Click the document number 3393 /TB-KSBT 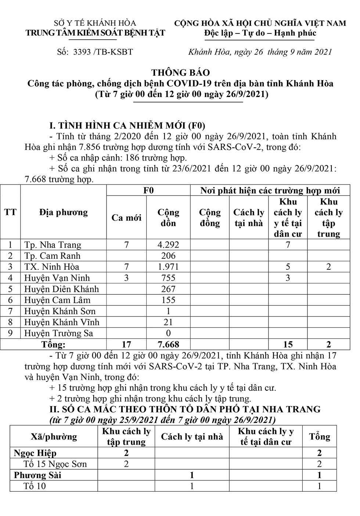pyautogui.click(x=103, y=52)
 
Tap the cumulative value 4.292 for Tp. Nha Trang pyautogui.click(x=168, y=245)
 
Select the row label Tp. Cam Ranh pyautogui.click(x=52, y=256)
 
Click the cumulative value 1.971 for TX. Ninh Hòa pyautogui.click(x=168, y=267)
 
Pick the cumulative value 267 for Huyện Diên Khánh pyautogui.click(x=168, y=289)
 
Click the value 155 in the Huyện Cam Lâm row pyautogui.click(x=168, y=300)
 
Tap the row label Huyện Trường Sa pyautogui.click(x=58, y=333)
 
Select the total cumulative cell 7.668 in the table pyautogui.click(x=168, y=344)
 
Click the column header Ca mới pyautogui.click(x=126, y=218)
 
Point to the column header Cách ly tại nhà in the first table pyautogui.click(x=249, y=218)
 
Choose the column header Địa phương pyautogui.click(x=64, y=212)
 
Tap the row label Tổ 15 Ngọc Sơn pyautogui.click(x=55, y=464)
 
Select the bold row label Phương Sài pyautogui.click(x=37, y=475)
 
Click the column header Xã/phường pyautogui.click(x=54, y=437)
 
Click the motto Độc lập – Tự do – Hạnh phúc pyautogui.click(x=260, y=33)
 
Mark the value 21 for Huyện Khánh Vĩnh pyautogui.click(x=168, y=322)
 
